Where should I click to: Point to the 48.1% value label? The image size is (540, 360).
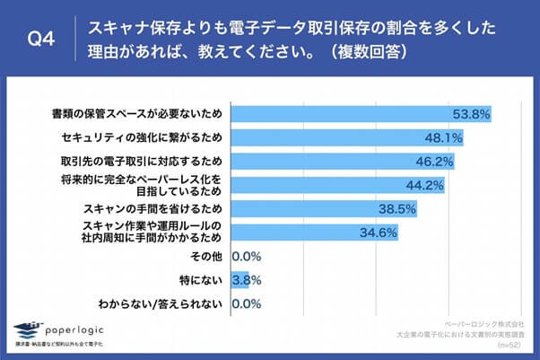443,138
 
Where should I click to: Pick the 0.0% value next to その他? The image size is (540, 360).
246,256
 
